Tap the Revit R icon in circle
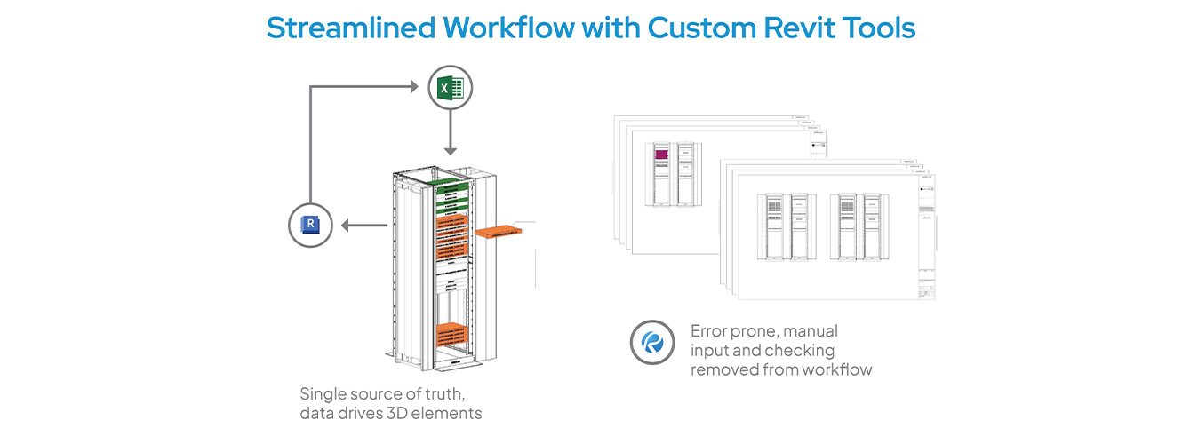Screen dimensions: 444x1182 (x=310, y=225)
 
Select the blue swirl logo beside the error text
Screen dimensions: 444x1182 (x=651, y=342)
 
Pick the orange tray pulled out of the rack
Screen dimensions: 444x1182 (x=506, y=232)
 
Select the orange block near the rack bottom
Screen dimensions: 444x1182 (x=458, y=337)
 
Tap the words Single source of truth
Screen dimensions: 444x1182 (x=380, y=393)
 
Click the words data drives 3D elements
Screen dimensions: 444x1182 (x=391, y=413)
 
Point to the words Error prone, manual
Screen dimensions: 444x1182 (x=764, y=331)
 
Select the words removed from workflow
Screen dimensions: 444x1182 (x=781, y=369)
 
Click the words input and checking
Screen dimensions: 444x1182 (x=763, y=351)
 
